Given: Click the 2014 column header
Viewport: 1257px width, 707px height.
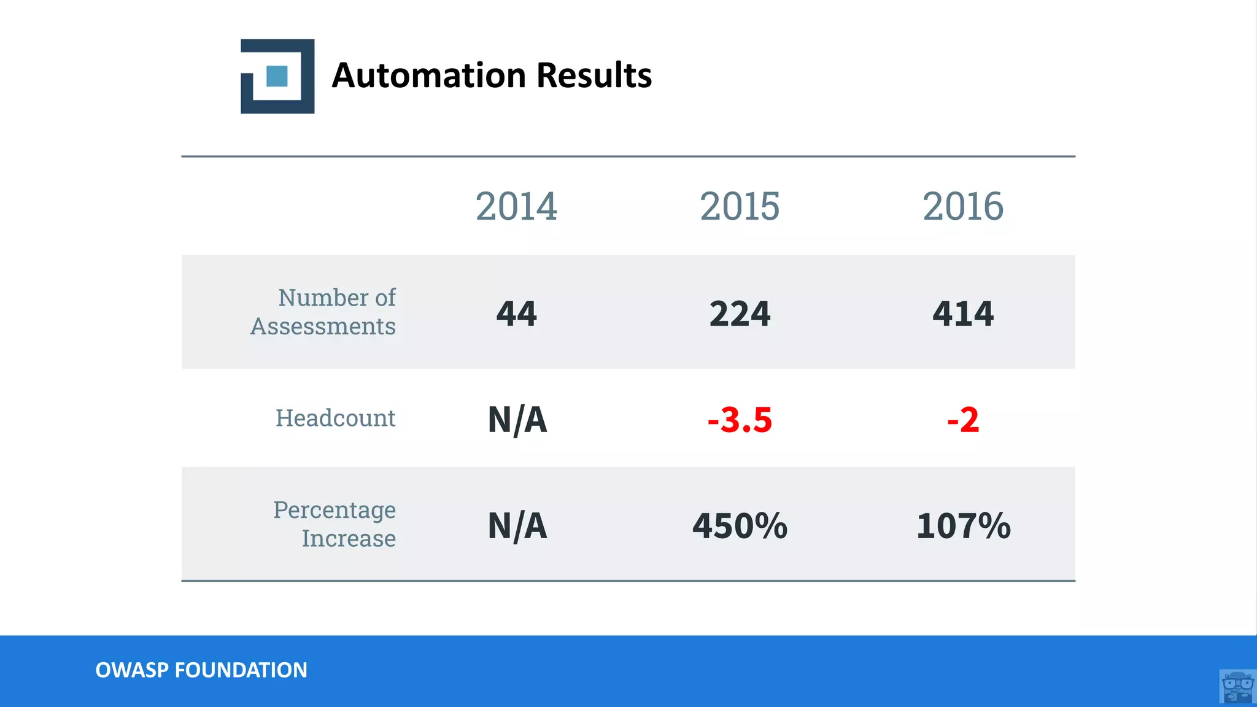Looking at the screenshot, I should pyautogui.click(x=516, y=206).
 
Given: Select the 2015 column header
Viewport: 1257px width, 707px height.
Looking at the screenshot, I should pyautogui.click(x=740, y=206).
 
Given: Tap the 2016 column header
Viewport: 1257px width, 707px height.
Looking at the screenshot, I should pyautogui.click(x=962, y=206).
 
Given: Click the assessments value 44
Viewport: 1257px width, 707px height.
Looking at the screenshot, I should pyautogui.click(x=516, y=314).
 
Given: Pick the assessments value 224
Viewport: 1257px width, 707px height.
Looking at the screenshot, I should pyautogui.click(x=740, y=314).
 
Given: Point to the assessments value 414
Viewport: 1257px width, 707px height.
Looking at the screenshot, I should pyautogui.click(x=962, y=314).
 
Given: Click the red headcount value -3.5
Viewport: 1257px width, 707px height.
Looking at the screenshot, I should pyautogui.click(x=740, y=420).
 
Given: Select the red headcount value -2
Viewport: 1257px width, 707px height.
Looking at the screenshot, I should pyautogui.click(x=962, y=420).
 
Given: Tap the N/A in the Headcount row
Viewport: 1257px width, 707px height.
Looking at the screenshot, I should pyautogui.click(x=517, y=420).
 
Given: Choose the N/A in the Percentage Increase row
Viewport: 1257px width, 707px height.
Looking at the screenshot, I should pyautogui.click(x=517, y=526).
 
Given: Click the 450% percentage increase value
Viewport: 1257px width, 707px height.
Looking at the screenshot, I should pyautogui.click(x=740, y=526).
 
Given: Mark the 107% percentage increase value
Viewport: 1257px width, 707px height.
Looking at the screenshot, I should pyautogui.click(x=963, y=526).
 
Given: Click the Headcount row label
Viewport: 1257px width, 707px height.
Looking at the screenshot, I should pyautogui.click(x=335, y=418).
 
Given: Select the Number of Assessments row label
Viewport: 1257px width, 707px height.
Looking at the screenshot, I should pyautogui.click(x=323, y=312).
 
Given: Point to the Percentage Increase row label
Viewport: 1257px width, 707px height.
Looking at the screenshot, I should pyautogui.click(x=335, y=524).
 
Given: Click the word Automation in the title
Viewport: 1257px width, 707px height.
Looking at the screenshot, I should pyautogui.click(x=429, y=75).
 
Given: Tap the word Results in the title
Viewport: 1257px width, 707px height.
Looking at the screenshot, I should pyautogui.click(x=594, y=75).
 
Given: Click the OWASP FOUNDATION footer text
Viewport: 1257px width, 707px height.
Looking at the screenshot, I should pyautogui.click(x=201, y=670).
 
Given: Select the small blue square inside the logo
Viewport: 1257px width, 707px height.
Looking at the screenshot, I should pyautogui.click(x=277, y=76).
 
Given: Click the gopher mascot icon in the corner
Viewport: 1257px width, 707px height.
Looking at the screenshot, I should pyautogui.click(x=1237, y=687).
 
